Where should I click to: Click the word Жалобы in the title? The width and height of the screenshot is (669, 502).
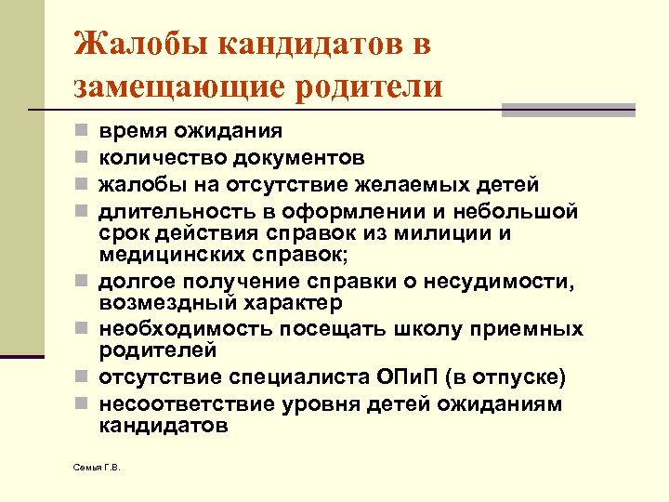click(x=128, y=44)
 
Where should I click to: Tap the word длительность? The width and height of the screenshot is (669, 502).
click(x=166, y=208)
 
